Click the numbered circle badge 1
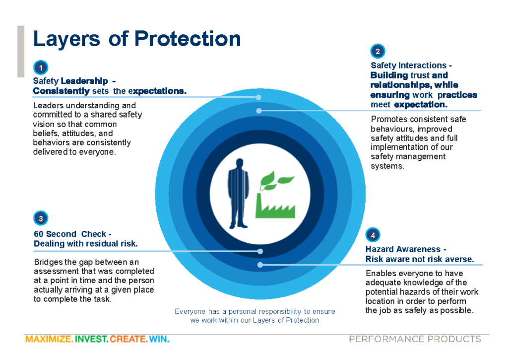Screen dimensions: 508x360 tap(41, 68)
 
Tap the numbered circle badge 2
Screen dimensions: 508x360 tap(378, 51)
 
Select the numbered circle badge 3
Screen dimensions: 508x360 tap(41, 218)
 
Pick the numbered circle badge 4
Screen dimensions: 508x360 tap(373, 235)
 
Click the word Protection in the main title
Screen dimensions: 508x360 tap(187, 39)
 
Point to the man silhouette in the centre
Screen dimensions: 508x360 tap(239, 194)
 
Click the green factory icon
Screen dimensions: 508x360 tap(275, 195)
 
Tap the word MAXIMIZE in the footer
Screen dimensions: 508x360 tap(49, 339)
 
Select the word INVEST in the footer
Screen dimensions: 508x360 tap(91, 339)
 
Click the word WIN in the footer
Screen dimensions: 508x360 tap(159, 339)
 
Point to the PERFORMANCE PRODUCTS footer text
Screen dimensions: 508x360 tap(415, 339)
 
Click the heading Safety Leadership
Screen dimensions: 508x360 tap(70, 81)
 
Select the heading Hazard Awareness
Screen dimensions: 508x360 tap(403, 249)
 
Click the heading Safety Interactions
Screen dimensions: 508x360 tap(409, 65)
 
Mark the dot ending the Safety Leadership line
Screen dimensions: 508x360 tap(258, 97)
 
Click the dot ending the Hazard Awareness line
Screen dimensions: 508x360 tap(260, 265)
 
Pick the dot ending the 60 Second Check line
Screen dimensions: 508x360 tap(260, 251)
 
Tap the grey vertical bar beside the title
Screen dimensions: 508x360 tap(21, 51)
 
